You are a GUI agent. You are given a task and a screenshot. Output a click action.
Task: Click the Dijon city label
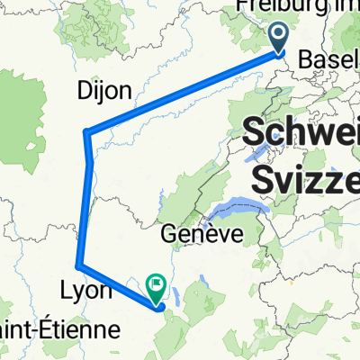[103, 91]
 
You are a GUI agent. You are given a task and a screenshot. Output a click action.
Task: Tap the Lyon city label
[86, 292]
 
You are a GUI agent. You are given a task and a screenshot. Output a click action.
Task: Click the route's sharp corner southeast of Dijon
[86, 133]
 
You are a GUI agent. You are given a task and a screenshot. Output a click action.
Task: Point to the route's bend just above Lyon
[80, 265]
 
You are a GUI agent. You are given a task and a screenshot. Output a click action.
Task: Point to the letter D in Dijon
[84, 91]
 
